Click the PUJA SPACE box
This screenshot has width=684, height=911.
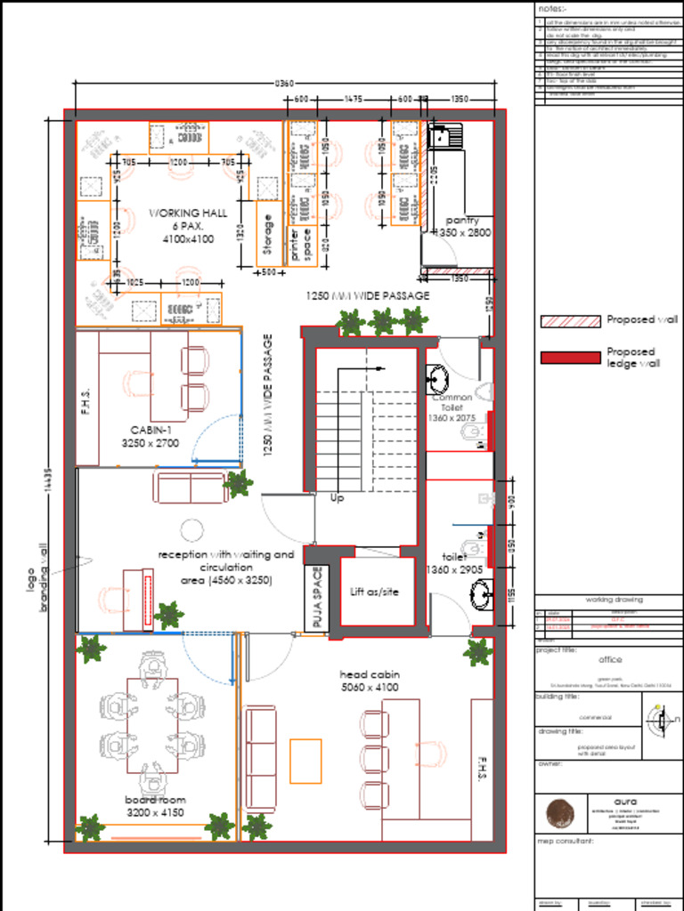[x=317, y=598]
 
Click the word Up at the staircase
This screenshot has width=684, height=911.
[x=337, y=498]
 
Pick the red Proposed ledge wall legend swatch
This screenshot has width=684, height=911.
[x=570, y=358]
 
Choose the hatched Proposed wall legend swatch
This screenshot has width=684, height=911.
[x=570, y=320]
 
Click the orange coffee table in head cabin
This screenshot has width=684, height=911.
[x=305, y=761]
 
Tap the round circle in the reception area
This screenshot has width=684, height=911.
[x=192, y=531]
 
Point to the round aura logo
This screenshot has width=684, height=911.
[x=560, y=813]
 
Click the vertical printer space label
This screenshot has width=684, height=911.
[x=301, y=246]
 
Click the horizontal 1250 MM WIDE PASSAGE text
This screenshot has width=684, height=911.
[x=368, y=295]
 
